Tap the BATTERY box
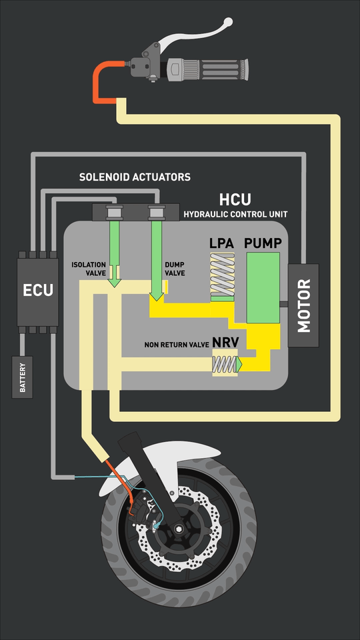click(x=22, y=377)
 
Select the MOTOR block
click(x=303, y=305)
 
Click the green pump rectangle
click(x=263, y=288)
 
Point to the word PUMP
click(x=263, y=243)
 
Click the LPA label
click(x=221, y=243)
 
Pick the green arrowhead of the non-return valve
click(x=239, y=365)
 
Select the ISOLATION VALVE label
click(x=89, y=269)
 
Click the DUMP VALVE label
click(x=175, y=269)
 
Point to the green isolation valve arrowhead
click(x=115, y=282)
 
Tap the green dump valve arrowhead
click(x=156, y=296)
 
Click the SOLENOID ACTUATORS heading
click(x=135, y=177)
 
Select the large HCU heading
click(x=235, y=199)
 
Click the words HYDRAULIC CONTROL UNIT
click(x=235, y=214)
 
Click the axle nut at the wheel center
click(x=179, y=528)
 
